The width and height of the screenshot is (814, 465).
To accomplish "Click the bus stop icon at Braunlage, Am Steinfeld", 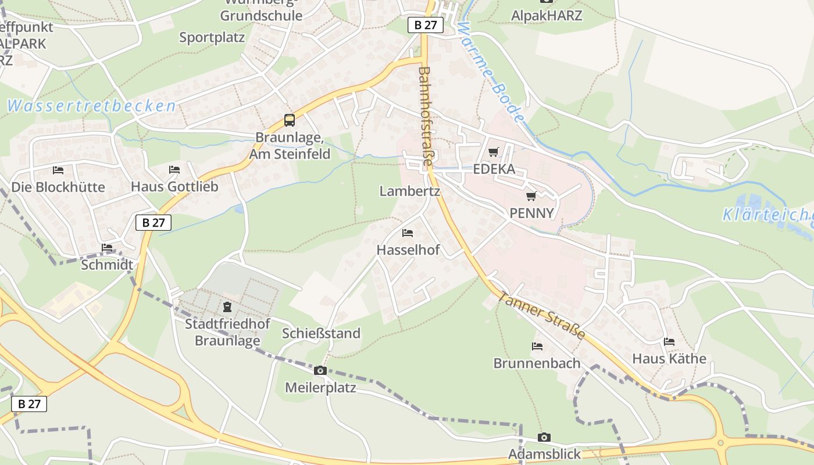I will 289,120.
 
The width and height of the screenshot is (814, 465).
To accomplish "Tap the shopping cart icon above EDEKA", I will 494,152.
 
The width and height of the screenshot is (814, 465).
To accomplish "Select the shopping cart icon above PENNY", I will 531,196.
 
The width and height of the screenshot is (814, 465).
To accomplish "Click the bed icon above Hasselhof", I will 408,233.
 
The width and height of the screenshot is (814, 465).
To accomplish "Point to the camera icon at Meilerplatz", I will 320,371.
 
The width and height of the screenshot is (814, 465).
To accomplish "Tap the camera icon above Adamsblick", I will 544,437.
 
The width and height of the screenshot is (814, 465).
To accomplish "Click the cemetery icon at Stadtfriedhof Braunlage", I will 227,306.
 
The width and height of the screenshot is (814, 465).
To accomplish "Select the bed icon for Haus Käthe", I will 669,342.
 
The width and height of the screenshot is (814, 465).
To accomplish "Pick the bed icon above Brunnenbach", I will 537,346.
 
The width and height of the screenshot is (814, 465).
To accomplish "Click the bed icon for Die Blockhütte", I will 58,170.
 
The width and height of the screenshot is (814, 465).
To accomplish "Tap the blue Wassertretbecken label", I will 91,106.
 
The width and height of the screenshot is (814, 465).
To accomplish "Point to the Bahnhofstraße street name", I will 424,116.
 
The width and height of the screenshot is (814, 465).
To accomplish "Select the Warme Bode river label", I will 491,72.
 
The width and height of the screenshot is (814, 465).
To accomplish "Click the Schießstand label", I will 321,334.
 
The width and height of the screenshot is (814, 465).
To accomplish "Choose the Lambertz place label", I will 409,191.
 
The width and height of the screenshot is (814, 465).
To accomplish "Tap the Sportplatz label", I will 212,37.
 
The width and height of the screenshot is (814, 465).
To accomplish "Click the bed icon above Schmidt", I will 107,248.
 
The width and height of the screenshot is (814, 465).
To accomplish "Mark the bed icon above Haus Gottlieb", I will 174,170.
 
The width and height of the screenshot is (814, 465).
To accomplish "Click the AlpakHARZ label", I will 546,15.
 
